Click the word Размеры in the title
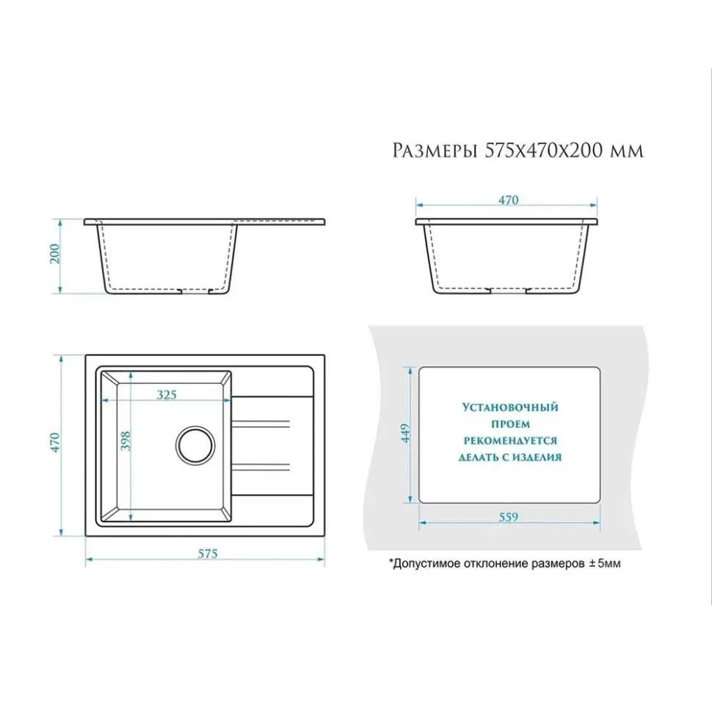(435, 150)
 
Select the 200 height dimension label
(54, 254)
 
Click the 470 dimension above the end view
(508, 200)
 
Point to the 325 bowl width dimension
(167, 395)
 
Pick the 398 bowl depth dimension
(126, 441)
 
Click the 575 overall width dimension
(208, 553)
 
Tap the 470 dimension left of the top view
(54, 443)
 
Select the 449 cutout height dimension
(405, 433)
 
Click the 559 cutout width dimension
(508, 517)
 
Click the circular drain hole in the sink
(195, 446)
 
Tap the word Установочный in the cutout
(510, 407)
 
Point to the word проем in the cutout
(510, 424)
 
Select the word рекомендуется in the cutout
(510, 440)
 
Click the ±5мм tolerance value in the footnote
(605, 564)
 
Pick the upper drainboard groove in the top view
(261, 424)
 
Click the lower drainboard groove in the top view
(261, 468)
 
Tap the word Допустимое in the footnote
(421, 564)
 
